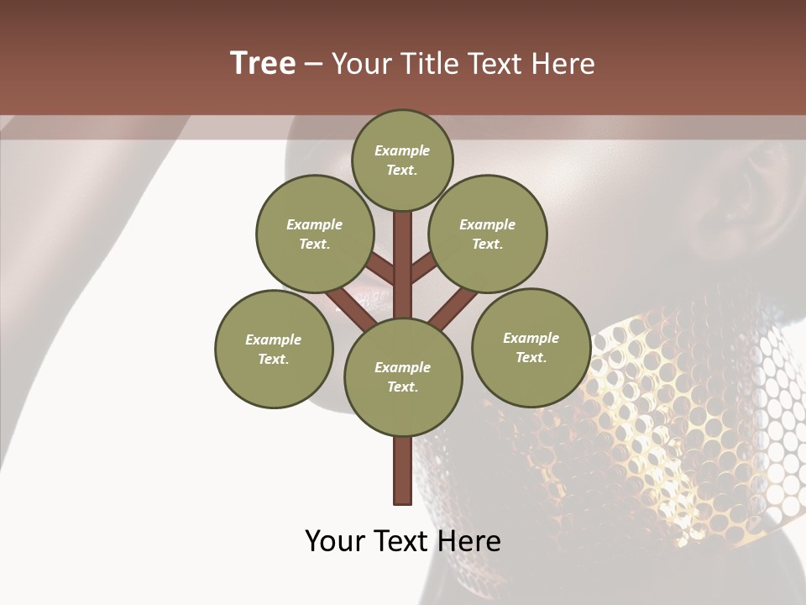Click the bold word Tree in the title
pyautogui.click(x=263, y=64)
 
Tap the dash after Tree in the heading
pyautogui.click(x=313, y=65)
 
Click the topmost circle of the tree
pyautogui.click(x=402, y=160)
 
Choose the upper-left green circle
pyautogui.click(x=315, y=234)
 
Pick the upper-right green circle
pyautogui.click(x=488, y=234)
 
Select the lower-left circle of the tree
pyautogui.click(x=274, y=350)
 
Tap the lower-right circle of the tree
pyautogui.click(x=531, y=348)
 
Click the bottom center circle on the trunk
pyautogui.click(x=403, y=377)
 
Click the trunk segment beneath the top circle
pyautogui.click(x=403, y=260)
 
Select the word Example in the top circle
pyautogui.click(x=402, y=151)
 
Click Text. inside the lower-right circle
pyautogui.click(x=531, y=357)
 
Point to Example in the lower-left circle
pyautogui.click(x=274, y=340)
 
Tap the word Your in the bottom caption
pyautogui.click(x=336, y=541)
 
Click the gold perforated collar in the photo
pyautogui.click(x=672, y=403)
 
